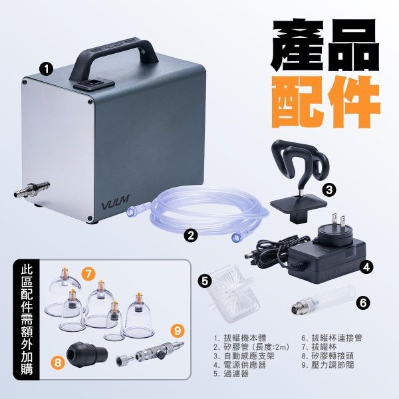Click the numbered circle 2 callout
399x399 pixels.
(x=190, y=234)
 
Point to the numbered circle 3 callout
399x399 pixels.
(x=329, y=190)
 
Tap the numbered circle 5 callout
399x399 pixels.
(x=206, y=281)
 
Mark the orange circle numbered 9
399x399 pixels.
(x=176, y=329)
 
